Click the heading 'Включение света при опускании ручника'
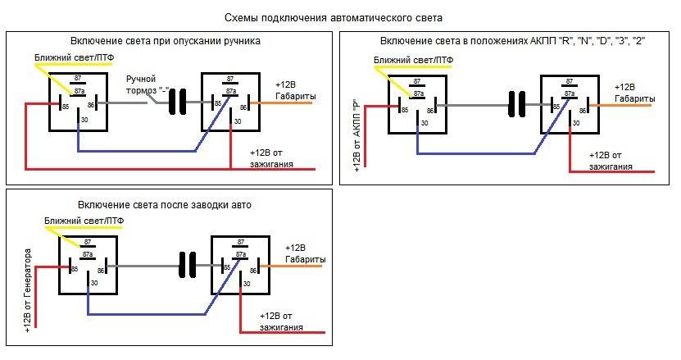click(166, 40)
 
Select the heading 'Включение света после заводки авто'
click(165, 203)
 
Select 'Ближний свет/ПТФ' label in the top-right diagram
click(413, 62)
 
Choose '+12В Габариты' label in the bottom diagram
click(304, 253)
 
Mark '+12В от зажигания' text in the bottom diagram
click(281, 321)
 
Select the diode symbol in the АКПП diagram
click(516, 105)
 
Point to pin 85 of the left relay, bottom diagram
click(74, 269)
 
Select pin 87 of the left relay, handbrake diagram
click(79, 80)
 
